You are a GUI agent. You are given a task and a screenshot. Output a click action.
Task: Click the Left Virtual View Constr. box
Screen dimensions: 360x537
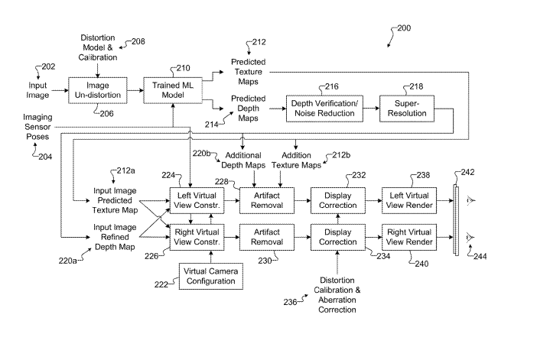point(195,200)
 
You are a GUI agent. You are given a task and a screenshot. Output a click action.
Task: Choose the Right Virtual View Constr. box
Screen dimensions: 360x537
point(195,235)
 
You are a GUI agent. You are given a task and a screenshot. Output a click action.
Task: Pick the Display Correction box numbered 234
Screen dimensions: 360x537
point(337,235)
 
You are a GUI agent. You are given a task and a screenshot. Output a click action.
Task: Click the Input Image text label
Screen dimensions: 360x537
point(38,90)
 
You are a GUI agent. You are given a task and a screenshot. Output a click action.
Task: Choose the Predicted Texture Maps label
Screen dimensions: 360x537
point(248,71)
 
